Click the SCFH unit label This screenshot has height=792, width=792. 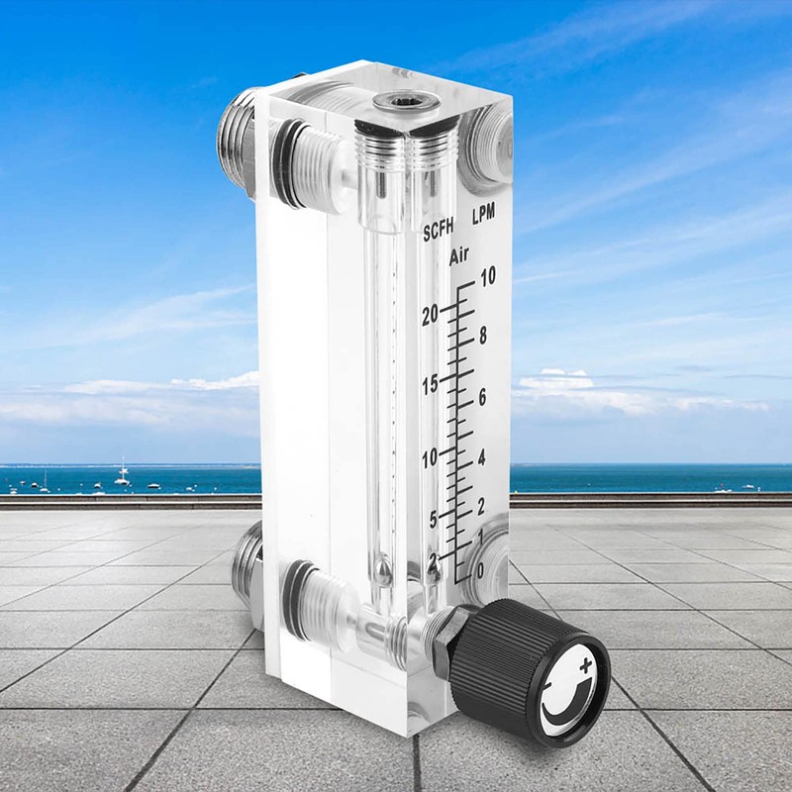(x=441, y=233)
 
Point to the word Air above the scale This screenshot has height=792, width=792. (x=458, y=257)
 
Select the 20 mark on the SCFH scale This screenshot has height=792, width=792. (x=429, y=316)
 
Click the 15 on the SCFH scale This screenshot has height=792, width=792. (x=429, y=385)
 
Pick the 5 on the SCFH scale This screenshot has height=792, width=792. (x=432, y=519)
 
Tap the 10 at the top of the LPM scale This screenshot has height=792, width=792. (x=486, y=278)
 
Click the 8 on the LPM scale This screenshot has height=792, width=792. (x=482, y=336)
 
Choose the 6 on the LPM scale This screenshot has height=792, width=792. (x=482, y=397)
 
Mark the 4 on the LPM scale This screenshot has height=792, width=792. (x=482, y=458)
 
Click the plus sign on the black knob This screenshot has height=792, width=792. (x=588, y=664)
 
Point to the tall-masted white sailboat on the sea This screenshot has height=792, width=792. (x=123, y=473)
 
